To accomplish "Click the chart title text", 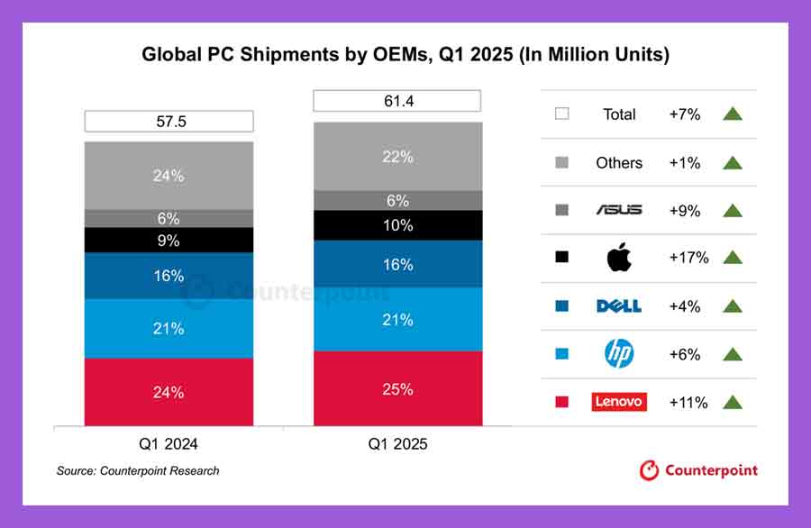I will (405, 55).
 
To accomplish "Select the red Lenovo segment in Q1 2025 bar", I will (397, 389).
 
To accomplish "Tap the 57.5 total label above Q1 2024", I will (169, 121).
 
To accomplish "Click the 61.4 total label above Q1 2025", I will (397, 101).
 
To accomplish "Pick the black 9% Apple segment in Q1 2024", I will (169, 241).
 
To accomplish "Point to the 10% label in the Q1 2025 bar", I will (397, 225).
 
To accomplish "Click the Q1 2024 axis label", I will (169, 444).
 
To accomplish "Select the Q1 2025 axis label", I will (397, 444).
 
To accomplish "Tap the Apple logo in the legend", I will (619, 258).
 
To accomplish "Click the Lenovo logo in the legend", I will (619, 402).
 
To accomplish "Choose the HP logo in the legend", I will (619, 354).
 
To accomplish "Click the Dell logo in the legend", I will (619, 306).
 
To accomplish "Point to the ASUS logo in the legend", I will (619, 210).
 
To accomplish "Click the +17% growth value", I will (688, 258).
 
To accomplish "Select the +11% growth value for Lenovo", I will (688, 402).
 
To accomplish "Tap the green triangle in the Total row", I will (732, 114).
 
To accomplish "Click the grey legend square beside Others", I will (562, 163).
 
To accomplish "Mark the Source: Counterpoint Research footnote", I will (138, 471).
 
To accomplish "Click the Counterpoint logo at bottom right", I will (698, 470).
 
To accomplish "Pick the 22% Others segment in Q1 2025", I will (397, 157).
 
